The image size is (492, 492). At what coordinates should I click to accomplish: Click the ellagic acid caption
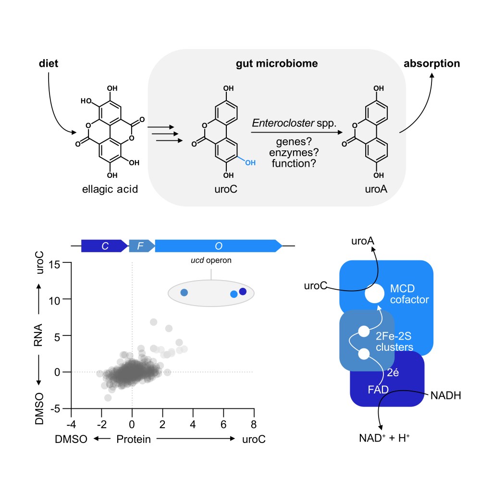(110, 189)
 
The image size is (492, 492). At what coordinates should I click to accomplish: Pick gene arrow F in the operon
(141, 246)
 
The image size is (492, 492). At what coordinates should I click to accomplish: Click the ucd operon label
(210, 262)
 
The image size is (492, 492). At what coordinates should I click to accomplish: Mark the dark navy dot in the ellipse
(243, 292)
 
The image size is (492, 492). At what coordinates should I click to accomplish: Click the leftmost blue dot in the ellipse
(184, 292)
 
